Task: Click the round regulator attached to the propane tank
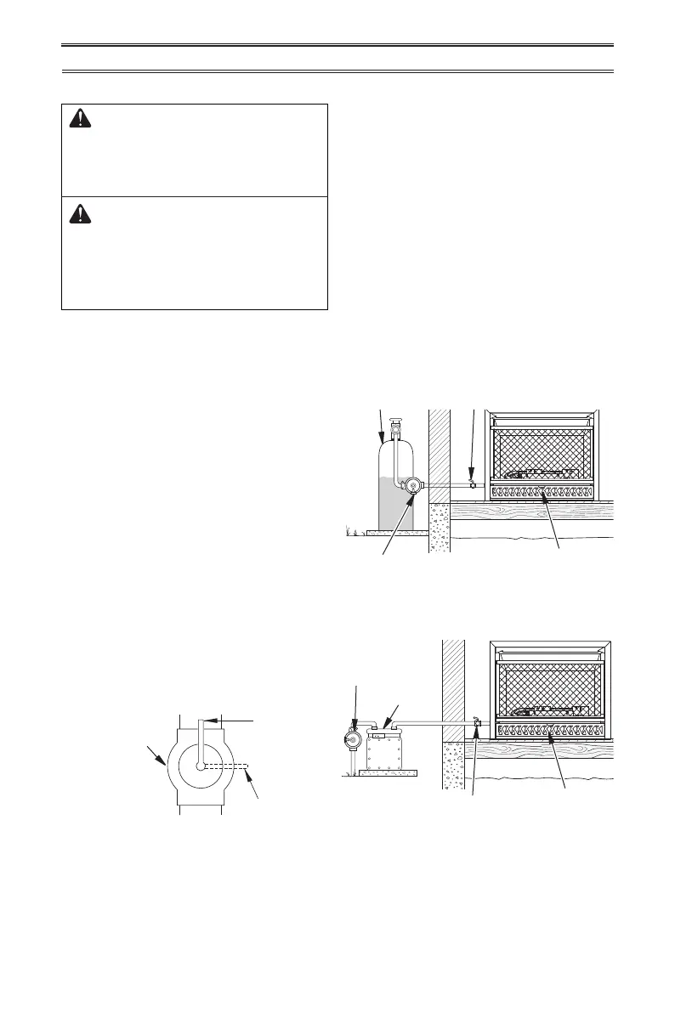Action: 413,486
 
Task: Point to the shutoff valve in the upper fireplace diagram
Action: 472,483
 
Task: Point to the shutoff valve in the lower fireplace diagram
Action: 476,723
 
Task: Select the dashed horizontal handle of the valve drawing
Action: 226,766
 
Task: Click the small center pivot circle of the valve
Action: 201,766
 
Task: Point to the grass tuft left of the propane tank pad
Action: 350,531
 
